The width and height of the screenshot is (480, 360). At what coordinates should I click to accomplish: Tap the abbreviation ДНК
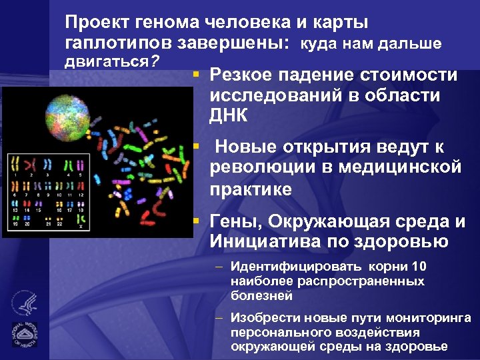pos(229,115)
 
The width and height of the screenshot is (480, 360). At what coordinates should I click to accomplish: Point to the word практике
pos(251,189)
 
